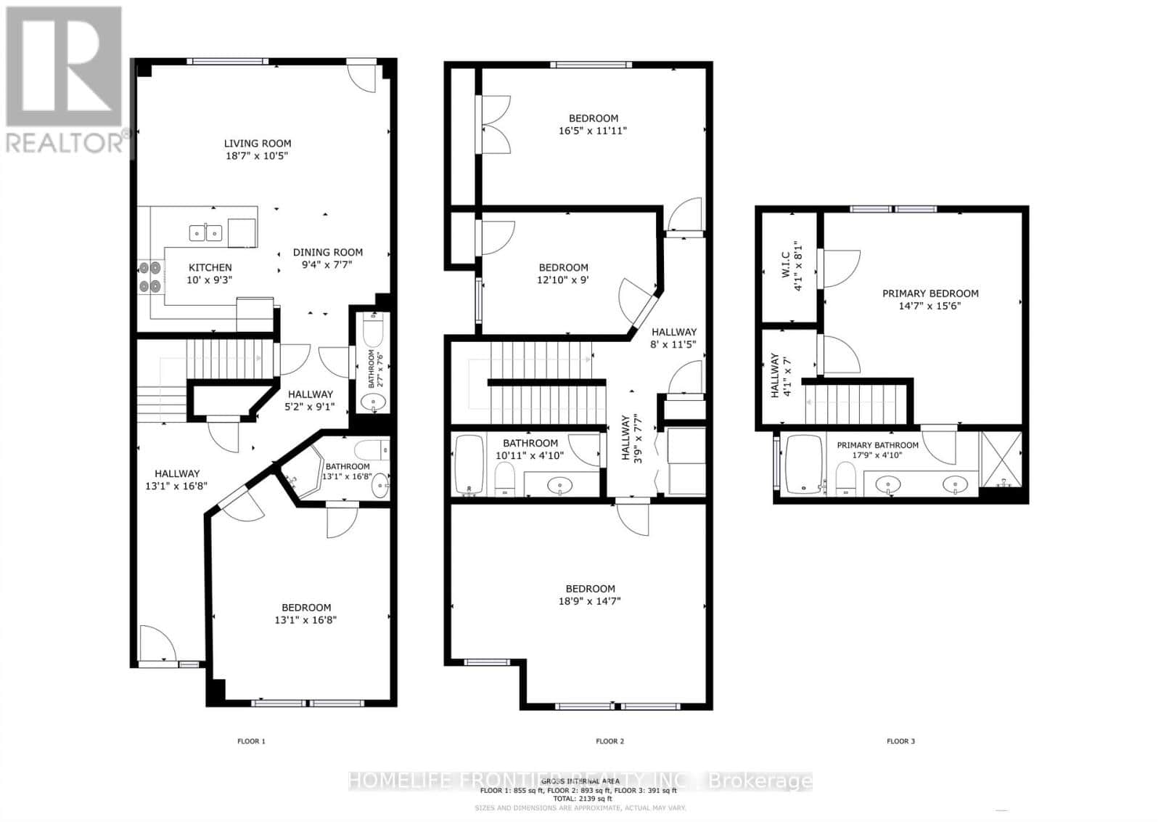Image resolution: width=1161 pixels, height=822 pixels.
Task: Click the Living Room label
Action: (257, 144)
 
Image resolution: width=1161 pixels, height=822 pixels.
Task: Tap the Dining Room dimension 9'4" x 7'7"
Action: (327, 265)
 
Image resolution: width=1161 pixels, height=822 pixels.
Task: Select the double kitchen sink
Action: (205, 232)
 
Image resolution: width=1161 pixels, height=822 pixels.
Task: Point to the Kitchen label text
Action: (210, 267)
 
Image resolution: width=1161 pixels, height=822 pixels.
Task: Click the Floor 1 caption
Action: (251, 741)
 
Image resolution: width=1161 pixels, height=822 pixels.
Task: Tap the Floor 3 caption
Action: (901, 741)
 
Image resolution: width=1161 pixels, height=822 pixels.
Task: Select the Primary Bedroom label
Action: (930, 293)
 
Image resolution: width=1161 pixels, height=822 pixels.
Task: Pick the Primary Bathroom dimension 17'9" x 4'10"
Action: (877, 455)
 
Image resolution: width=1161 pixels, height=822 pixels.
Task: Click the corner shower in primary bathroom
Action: (1001, 459)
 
